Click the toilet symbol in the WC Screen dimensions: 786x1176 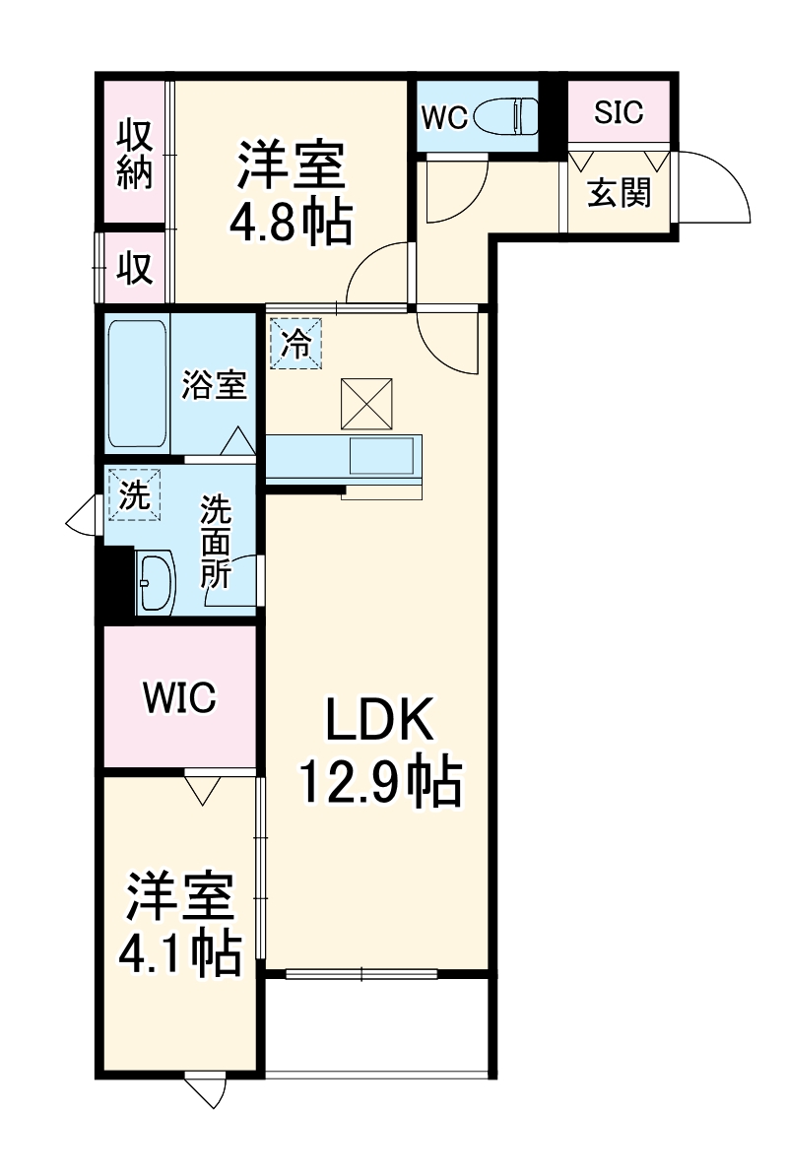click(507, 117)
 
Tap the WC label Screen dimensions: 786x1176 click(444, 118)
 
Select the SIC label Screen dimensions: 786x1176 click(619, 111)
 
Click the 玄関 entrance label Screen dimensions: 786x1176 click(619, 193)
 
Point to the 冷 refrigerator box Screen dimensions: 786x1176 click(295, 344)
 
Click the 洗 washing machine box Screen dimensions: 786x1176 click(134, 494)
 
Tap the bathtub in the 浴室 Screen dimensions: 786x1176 click(137, 385)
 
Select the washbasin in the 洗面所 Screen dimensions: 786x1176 click(156, 583)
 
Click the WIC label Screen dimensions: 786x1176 click(179, 697)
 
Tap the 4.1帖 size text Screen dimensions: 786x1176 click(180, 952)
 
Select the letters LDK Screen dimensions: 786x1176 click(379, 719)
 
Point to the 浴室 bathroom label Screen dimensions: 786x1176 click(214, 385)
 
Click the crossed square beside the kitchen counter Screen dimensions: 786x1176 click(366, 404)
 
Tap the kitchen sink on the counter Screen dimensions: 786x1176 click(381, 455)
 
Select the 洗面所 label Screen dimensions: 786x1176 click(216, 543)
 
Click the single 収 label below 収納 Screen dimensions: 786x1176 click(136, 268)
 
